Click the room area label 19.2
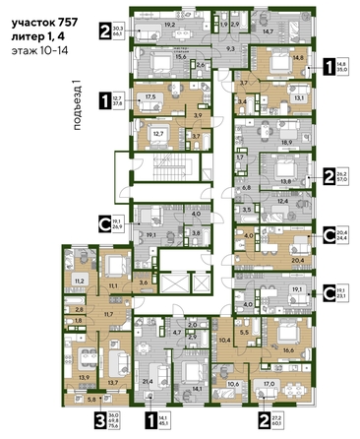pos(168,24)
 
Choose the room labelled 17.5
pos(150,96)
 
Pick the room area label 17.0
pos(270,383)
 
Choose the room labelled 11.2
pos(80,281)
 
